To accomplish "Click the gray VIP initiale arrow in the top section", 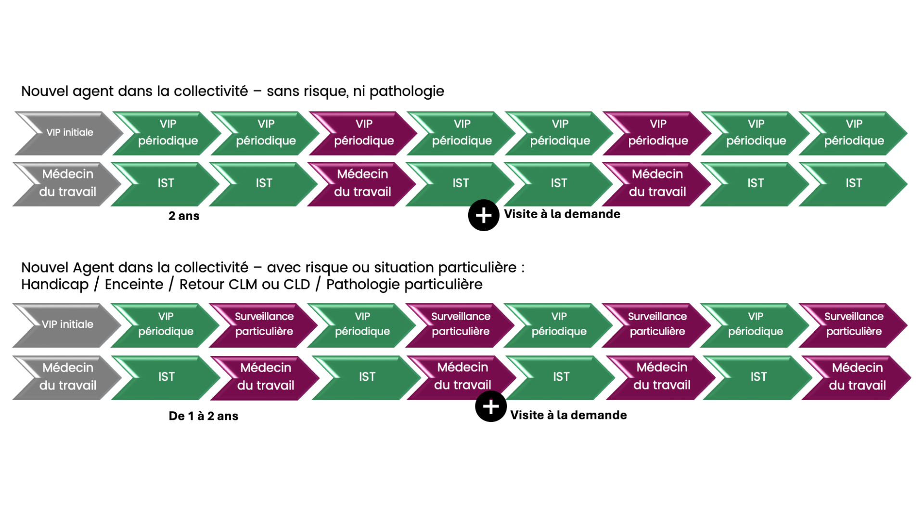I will point(69,133).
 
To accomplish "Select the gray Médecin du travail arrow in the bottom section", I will point(67,377).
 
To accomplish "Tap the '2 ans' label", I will point(184,216).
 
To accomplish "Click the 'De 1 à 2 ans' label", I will point(203,416).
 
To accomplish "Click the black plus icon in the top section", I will point(483,215).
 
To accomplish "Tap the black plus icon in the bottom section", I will point(490,407).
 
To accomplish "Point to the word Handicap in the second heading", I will point(55,285).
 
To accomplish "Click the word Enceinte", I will point(134,285).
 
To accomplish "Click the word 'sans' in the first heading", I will point(283,91).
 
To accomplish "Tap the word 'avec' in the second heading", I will point(283,268).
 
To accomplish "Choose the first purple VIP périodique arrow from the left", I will point(364,133).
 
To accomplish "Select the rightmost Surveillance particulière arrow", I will point(854,324).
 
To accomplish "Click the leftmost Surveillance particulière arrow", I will point(264,324).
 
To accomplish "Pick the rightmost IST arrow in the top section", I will point(853,183).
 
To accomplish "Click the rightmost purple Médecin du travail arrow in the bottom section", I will point(857,377).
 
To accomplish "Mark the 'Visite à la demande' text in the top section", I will point(562,214).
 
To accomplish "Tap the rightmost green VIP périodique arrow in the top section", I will point(854,133).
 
